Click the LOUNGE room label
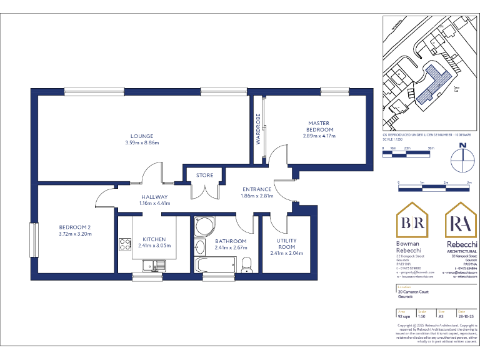point(142,136)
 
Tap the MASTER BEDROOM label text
point(319,126)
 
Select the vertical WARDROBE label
point(257,128)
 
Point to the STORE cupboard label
point(204,175)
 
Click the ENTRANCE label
point(257,189)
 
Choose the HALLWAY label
point(154,197)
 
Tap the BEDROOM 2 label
point(76,227)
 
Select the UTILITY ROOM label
point(286,243)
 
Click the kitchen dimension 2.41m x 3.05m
point(154,246)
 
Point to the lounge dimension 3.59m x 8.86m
point(142,143)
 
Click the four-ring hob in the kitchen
point(122,242)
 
